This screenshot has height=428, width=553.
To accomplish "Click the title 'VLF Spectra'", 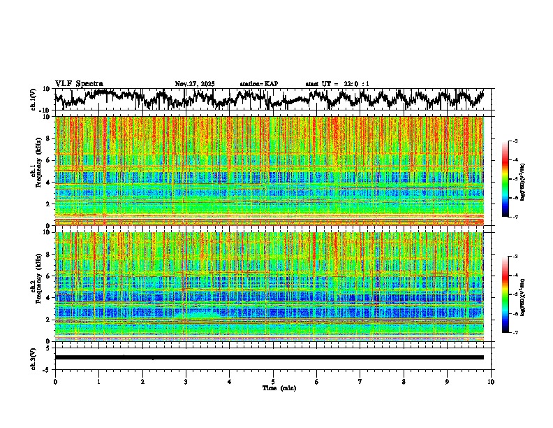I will pos(79,83).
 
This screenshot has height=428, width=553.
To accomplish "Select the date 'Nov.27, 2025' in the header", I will pos(195,84).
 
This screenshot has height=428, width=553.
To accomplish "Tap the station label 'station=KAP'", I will pos(259,84).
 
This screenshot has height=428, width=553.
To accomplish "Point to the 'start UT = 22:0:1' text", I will pos(338,84).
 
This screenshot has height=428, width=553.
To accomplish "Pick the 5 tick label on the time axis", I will pos(273,382).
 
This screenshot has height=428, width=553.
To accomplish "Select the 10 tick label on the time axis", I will pos(491,382).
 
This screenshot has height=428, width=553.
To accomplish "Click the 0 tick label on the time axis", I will pos(55,382).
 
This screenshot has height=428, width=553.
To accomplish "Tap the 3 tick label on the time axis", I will pos(186,382).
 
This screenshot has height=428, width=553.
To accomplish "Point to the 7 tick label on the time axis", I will pos(360,382).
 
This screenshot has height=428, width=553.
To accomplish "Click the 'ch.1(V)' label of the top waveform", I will pos(34,99).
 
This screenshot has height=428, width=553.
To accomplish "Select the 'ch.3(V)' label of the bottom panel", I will pos(34,357).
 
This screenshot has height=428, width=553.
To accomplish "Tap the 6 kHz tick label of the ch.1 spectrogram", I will pos(48,160).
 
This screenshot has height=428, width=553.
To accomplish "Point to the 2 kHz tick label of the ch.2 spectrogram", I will pos(48,320).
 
